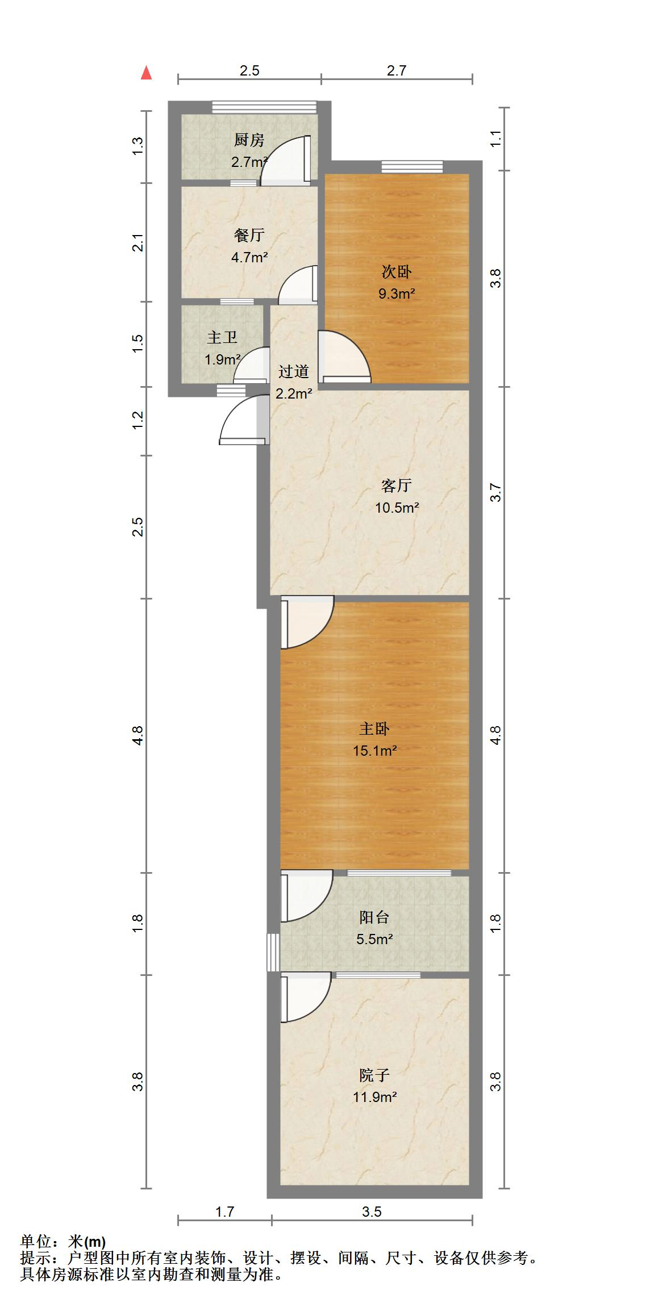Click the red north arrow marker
[147, 73]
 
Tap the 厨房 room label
[249, 140]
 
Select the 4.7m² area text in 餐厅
[249, 257]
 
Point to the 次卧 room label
[396, 272]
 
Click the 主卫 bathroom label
[222, 338]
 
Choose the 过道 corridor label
[293, 372]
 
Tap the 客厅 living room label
[396, 485]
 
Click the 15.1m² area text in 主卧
[374, 751]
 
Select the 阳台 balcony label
[374, 917]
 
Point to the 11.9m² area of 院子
[374, 1097]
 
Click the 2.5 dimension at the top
[249, 70]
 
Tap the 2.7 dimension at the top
[397, 70]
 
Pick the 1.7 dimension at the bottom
[224, 1212]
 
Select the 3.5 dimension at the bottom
[372, 1212]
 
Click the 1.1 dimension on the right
[495, 139]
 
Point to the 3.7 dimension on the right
[495, 492]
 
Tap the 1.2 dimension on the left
[137, 421]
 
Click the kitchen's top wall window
[264, 107]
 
